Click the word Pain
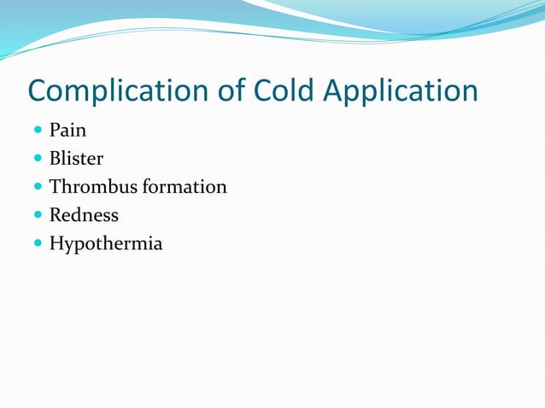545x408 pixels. click(67, 131)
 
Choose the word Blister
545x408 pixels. click(76, 159)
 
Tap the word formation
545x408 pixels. click(185, 186)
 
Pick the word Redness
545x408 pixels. click(84, 214)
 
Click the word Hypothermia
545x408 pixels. click(105, 243)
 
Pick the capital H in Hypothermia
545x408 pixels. click(56, 242)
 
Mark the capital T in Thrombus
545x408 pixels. click(56, 186)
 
